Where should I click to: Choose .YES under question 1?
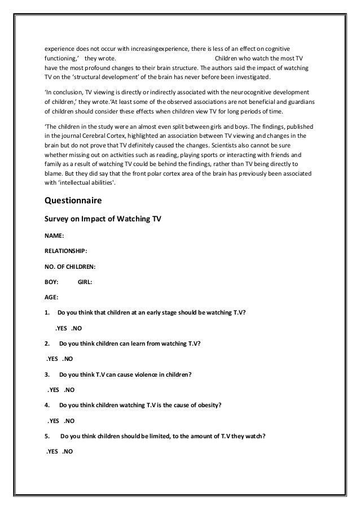pyautogui.click(x=62, y=328)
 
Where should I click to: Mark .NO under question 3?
pyautogui.click(x=69, y=389)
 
